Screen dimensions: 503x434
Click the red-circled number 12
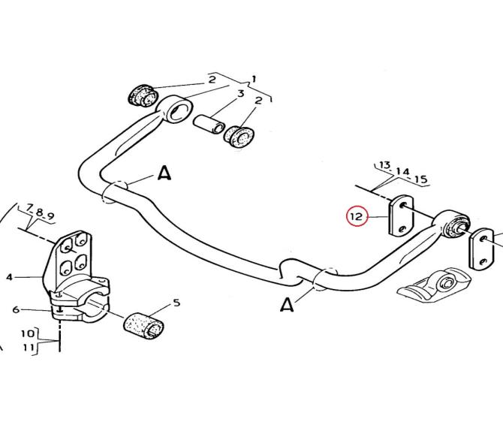pyautogui.click(x=357, y=216)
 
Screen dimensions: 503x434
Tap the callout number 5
pyautogui.click(x=176, y=303)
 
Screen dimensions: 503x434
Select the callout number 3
pyautogui.click(x=240, y=94)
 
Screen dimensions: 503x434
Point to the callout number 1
pyautogui.click(x=254, y=79)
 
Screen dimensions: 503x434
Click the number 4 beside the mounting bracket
pyautogui.click(x=9, y=277)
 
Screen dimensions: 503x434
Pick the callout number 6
pyautogui.click(x=16, y=309)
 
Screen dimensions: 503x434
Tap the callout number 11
pyautogui.click(x=29, y=347)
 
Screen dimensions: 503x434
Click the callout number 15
pyautogui.click(x=421, y=179)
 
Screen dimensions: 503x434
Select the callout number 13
pyautogui.click(x=385, y=165)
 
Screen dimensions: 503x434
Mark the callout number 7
pyautogui.click(x=29, y=208)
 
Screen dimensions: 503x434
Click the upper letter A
pyautogui.click(x=165, y=173)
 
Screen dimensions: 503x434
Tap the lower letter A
pyautogui.click(x=287, y=304)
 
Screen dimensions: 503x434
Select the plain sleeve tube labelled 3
pyautogui.click(x=209, y=124)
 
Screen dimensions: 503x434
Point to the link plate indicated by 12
pyautogui.click(x=402, y=215)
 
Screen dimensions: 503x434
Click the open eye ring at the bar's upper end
pyautogui.click(x=177, y=107)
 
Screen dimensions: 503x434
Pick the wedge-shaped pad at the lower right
pyautogui.click(x=434, y=285)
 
